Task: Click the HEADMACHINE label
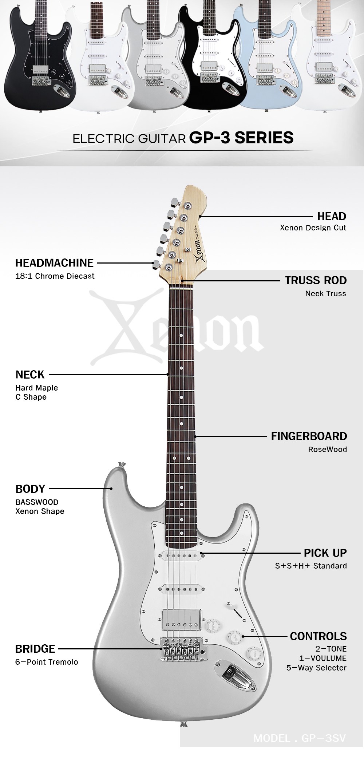(54, 263)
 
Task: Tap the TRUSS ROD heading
(316, 280)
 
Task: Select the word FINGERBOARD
(309, 436)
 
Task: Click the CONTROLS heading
(318, 636)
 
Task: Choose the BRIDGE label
(35, 648)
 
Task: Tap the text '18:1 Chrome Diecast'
(55, 276)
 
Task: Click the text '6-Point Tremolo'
(47, 662)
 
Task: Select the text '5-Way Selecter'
(316, 668)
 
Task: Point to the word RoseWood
(327, 449)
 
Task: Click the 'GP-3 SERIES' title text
(241, 138)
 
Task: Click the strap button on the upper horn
(122, 465)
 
